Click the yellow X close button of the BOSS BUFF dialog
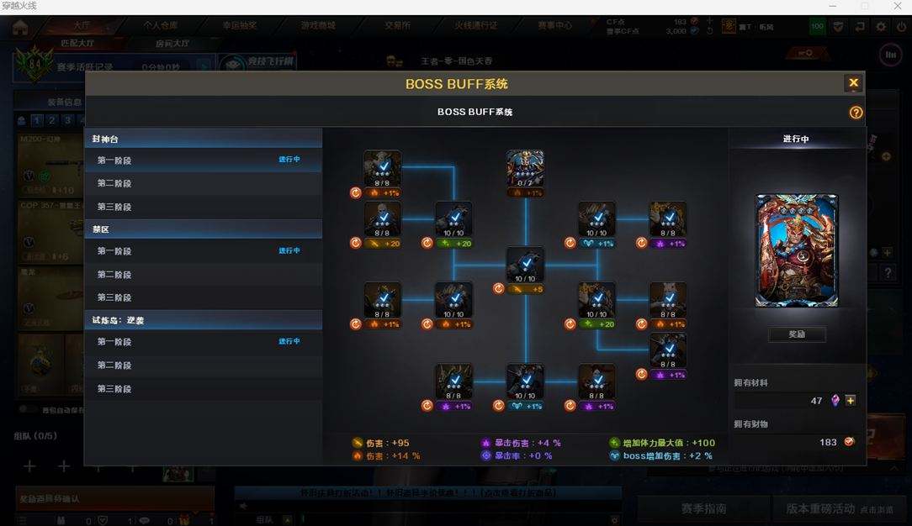pyautogui.click(x=853, y=82)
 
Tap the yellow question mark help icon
pyautogui.click(x=856, y=113)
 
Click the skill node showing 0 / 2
pyautogui.click(x=525, y=169)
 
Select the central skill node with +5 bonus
pyautogui.click(x=525, y=266)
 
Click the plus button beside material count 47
pyautogui.click(x=851, y=401)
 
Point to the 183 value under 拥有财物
pyautogui.click(x=828, y=442)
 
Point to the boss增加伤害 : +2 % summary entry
pyautogui.click(x=660, y=456)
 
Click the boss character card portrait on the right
pyautogui.click(x=796, y=251)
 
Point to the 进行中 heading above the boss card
pyautogui.click(x=796, y=139)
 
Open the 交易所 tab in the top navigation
pyautogui.click(x=398, y=26)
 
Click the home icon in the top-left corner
pyautogui.click(x=19, y=27)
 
